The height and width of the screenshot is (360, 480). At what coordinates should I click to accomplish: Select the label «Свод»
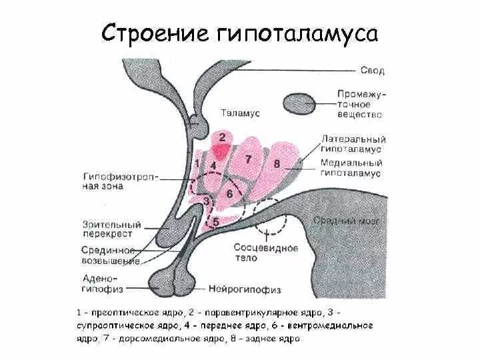click(x=372, y=70)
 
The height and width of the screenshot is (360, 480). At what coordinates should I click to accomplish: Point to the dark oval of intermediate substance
click(x=299, y=103)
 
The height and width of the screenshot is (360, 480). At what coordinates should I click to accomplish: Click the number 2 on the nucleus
click(x=222, y=138)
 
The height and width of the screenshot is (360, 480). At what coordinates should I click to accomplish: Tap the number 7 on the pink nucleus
click(x=248, y=159)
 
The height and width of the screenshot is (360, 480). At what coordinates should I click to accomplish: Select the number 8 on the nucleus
click(x=276, y=163)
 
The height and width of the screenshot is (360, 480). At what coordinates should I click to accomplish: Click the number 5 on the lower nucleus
click(x=215, y=223)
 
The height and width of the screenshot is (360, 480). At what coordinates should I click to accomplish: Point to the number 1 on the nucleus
click(x=197, y=162)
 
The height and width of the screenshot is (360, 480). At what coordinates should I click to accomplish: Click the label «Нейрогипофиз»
click(x=245, y=289)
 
